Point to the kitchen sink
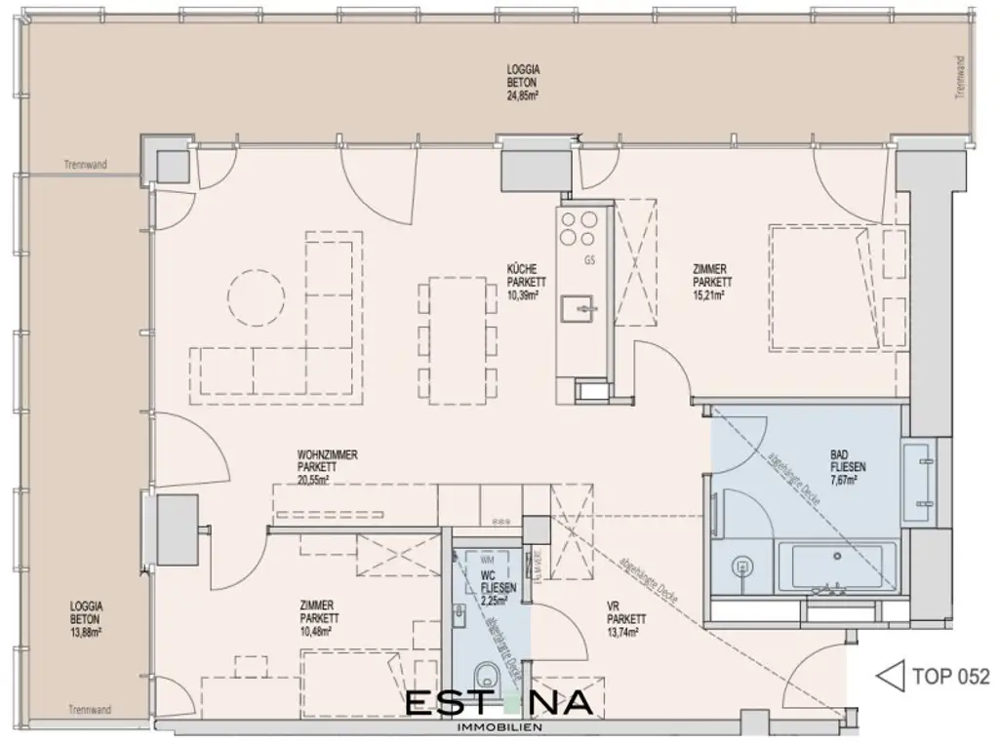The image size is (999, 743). click(583, 309)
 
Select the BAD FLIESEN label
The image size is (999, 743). click(847, 466)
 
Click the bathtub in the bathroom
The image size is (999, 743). click(837, 567)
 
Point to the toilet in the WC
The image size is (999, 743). click(484, 676)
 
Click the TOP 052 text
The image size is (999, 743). click(950, 676)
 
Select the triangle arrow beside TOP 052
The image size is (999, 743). click(890, 675)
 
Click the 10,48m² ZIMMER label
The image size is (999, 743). click(320, 618)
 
